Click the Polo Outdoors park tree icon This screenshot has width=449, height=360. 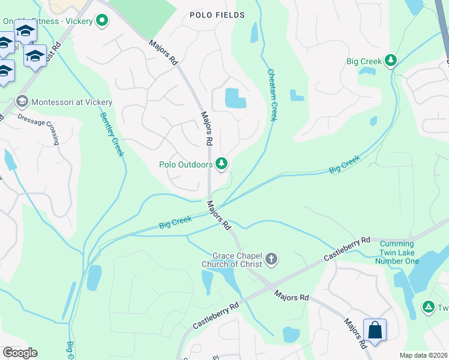click(x=221, y=163)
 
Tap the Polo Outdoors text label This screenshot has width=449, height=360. click(x=185, y=164)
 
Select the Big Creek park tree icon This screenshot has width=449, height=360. click(x=391, y=61)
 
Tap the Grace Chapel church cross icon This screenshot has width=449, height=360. click(x=271, y=259)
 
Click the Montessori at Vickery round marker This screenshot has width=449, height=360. click(x=23, y=101)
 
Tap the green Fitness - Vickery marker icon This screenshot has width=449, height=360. click(x=102, y=22)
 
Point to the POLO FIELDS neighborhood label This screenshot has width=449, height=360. click(x=217, y=15)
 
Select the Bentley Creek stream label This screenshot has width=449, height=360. click(x=112, y=134)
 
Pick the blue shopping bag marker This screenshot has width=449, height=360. click(x=375, y=329)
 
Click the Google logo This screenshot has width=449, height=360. click(x=20, y=353)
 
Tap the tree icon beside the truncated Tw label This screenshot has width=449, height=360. click(x=428, y=307)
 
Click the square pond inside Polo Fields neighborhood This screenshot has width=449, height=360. click(x=235, y=98)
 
